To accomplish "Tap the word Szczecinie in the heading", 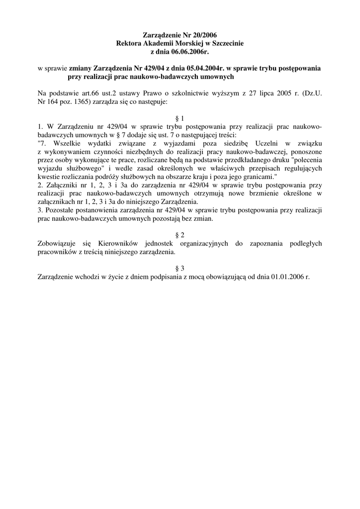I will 226,44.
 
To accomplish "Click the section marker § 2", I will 180,235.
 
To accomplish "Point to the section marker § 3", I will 180,268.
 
